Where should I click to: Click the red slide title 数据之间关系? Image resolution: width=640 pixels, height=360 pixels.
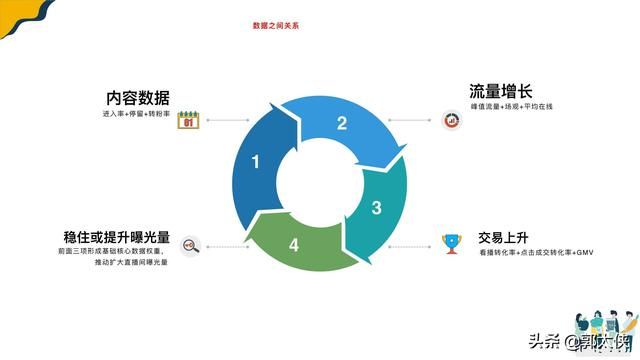coord(275,24)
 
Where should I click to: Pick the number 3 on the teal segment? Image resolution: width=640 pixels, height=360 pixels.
coord(376,208)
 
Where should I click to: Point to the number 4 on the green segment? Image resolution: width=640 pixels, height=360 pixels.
coord(294,244)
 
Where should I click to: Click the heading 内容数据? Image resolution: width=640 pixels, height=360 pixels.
coord(138,98)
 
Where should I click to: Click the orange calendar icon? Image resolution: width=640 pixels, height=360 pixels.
coord(187,121)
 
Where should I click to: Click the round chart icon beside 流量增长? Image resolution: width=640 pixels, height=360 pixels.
coord(451,121)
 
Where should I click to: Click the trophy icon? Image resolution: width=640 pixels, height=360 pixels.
coord(450,241)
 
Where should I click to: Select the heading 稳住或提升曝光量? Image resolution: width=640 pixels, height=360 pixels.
coord(116,238)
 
